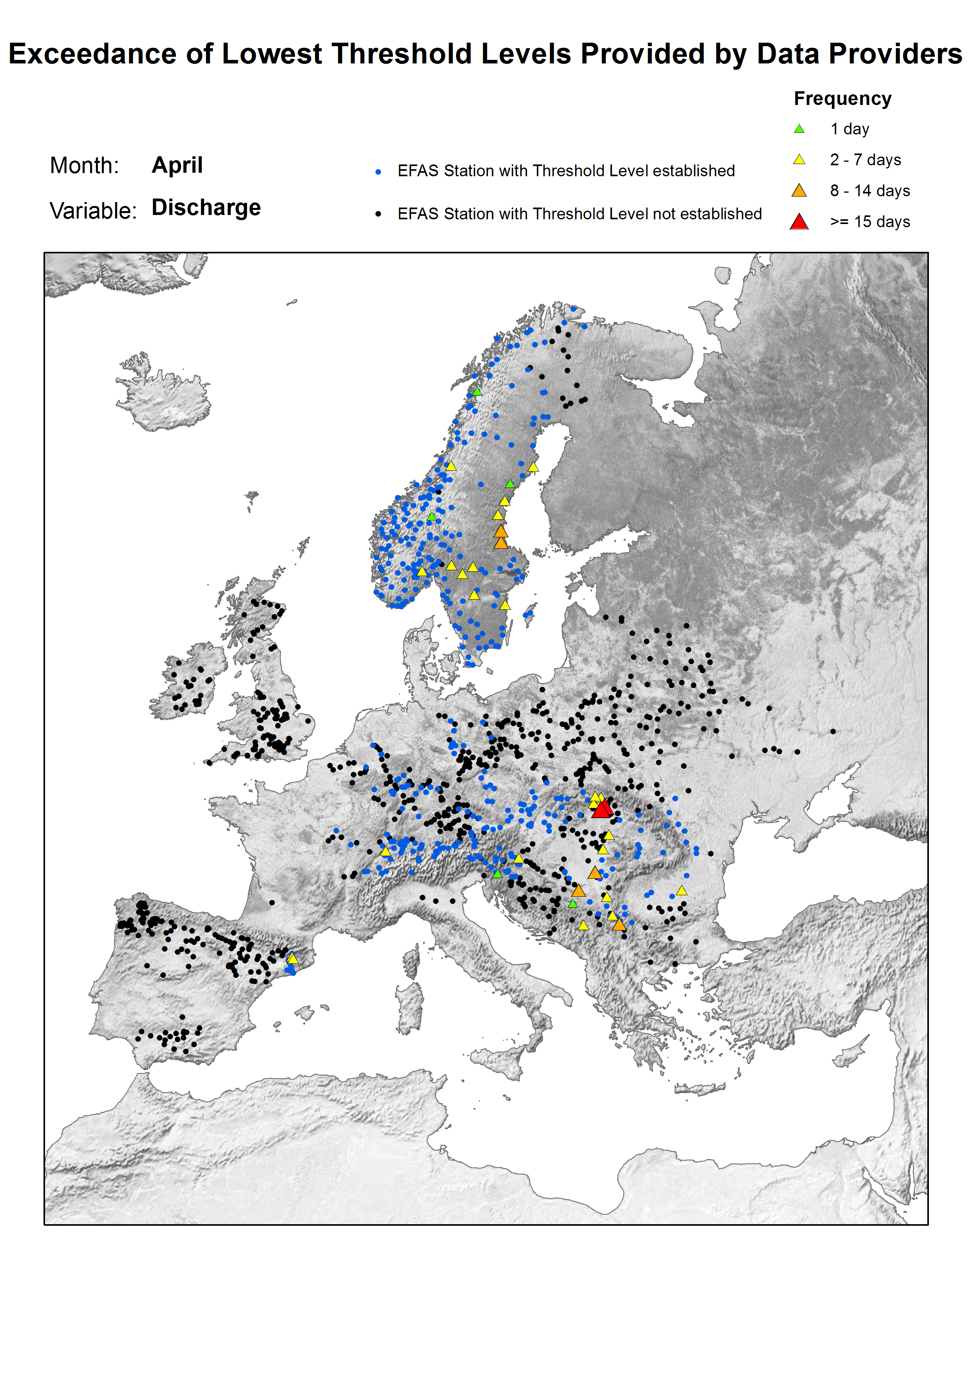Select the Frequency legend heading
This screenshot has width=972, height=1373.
click(842, 99)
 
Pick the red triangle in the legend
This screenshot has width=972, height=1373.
click(798, 222)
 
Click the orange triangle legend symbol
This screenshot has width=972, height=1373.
click(798, 191)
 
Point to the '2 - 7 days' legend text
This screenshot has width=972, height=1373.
click(865, 160)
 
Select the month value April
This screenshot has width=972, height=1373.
click(177, 165)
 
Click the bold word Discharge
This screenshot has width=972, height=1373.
click(206, 208)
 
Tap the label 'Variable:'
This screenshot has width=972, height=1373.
click(93, 211)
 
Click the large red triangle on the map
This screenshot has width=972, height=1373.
click(601, 809)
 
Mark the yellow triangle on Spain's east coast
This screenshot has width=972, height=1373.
click(292, 958)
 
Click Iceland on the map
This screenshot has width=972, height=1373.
click(165, 398)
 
